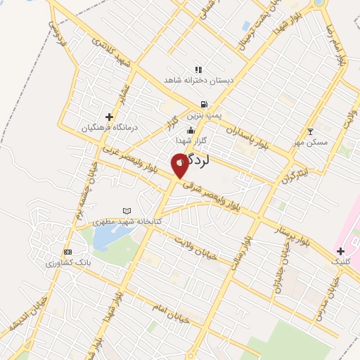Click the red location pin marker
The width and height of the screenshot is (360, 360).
[180, 165]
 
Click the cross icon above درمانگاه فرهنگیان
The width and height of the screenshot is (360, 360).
[109, 117]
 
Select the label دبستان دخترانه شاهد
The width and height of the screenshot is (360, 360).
[198, 81]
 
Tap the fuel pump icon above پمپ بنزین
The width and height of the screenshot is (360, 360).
[204, 103]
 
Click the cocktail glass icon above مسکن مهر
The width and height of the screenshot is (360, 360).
[311, 131]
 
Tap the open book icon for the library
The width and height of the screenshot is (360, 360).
[127, 210]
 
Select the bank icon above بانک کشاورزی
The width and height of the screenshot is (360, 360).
[67, 252]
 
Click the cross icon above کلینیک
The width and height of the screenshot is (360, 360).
[340, 250]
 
